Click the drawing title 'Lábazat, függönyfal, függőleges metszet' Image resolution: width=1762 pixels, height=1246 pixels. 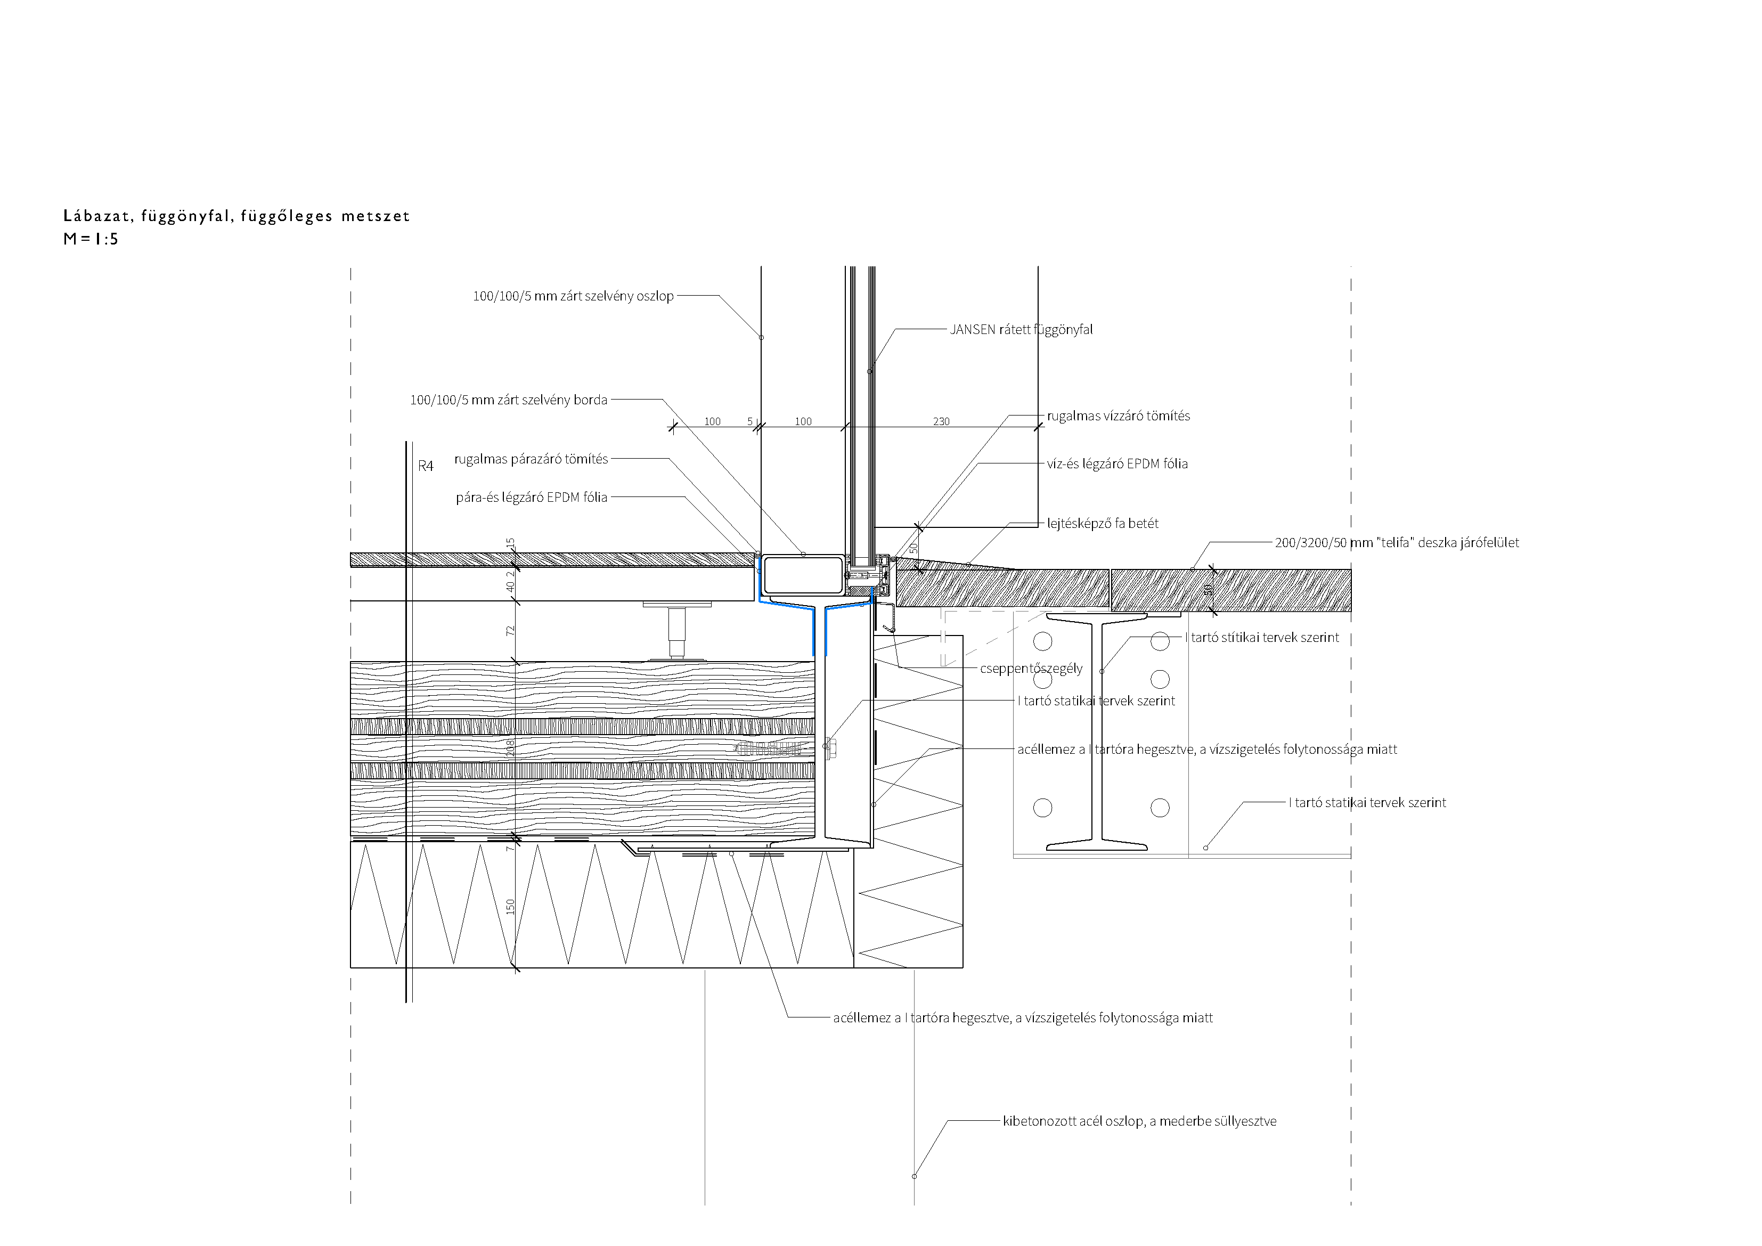pyautogui.click(x=236, y=216)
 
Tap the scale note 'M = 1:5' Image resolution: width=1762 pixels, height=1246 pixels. pyautogui.click(x=91, y=239)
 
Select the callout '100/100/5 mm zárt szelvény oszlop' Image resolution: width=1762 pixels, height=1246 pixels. pyautogui.click(x=573, y=296)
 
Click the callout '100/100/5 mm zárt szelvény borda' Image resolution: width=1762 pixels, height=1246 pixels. pyautogui.click(x=509, y=400)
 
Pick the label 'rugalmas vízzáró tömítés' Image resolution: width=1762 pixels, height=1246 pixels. pyautogui.click(x=1118, y=416)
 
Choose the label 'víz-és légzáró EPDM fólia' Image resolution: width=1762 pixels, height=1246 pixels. pyautogui.click(x=1117, y=463)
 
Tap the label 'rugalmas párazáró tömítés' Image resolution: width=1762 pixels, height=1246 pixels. pyautogui.click(x=531, y=459)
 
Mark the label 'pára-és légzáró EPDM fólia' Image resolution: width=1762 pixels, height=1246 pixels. pyautogui.click(x=532, y=498)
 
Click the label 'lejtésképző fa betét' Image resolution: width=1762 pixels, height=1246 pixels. pyautogui.click(x=1103, y=524)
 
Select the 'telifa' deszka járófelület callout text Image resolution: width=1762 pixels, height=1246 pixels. pyautogui.click(x=1397, y=543)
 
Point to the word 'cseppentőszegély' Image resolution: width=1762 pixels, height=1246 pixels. pyautogui.click(x=1031, y=669)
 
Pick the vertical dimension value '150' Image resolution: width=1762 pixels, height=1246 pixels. pyautogui.click(x=510, y=907)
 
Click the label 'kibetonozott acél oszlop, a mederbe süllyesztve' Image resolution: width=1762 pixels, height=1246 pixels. pyautogui.click(x=1140, y=1122)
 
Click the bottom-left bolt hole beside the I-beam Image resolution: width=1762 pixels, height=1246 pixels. pyautogui.click(x=1042, y=808)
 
